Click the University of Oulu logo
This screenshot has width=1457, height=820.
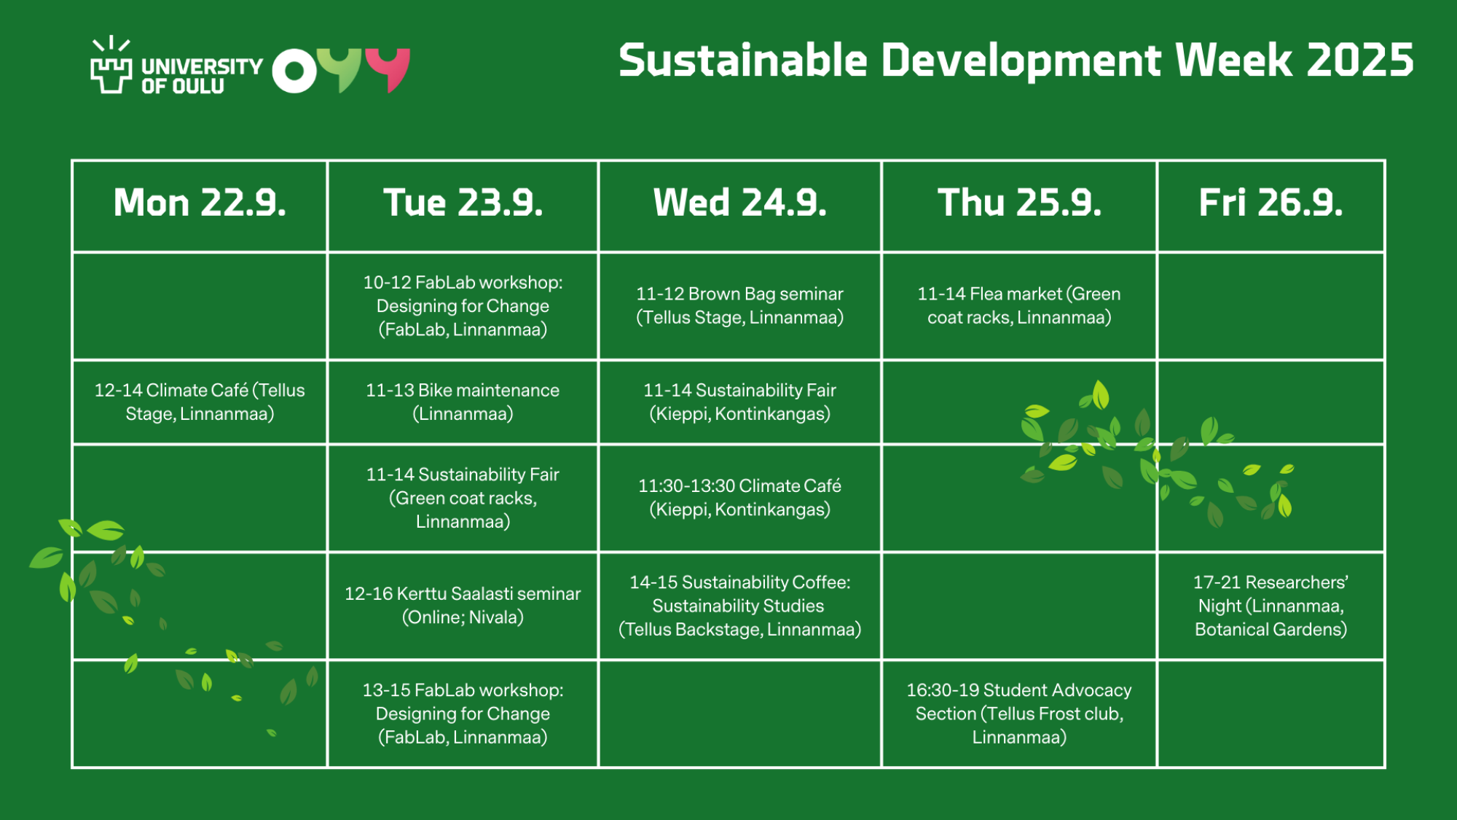click(176, 66)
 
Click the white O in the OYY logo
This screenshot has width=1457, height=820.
click(295, 71)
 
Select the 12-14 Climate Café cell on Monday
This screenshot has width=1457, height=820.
click(200, 402)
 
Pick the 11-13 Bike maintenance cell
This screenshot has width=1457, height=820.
click(463, 402)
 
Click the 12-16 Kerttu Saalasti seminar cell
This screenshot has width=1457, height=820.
click(463, 605)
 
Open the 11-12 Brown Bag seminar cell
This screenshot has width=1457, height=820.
click(739, 305)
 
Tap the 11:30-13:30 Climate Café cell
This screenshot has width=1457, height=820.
click(739, 497)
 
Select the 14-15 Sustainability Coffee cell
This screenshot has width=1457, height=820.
click(739, 606)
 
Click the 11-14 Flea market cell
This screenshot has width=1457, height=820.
click(1019, 305)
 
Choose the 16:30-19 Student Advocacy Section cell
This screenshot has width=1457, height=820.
click(1019, 713)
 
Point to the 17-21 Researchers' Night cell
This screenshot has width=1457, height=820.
click(1271, 606)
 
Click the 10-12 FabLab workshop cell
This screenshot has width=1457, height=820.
click(463, 305)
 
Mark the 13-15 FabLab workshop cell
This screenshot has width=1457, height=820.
click(463, 713)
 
